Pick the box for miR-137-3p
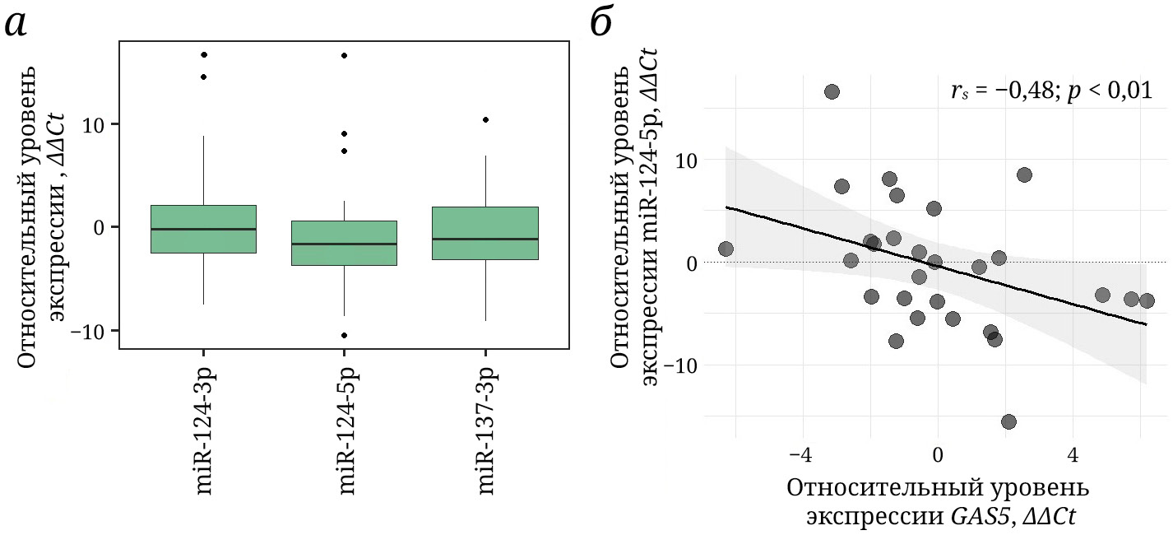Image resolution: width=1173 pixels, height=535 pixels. coord(484,233)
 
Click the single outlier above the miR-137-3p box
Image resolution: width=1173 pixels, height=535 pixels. coord(485,119)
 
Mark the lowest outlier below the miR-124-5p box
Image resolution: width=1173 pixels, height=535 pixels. coord(344,335)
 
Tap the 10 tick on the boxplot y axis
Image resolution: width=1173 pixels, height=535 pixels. coord(98,124)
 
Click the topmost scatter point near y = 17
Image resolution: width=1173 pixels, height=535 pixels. coord(832,91)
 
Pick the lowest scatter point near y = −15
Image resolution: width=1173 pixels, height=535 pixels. coord(1008,421)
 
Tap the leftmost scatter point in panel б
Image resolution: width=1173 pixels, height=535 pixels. coord(726,249)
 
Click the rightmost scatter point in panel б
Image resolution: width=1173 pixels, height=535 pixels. coord(1147,300)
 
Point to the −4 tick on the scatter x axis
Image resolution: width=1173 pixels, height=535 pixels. coord(800,454)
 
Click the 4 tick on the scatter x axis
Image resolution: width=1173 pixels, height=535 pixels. coord(1072,454)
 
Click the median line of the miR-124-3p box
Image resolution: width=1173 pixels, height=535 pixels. coord(203,229)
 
